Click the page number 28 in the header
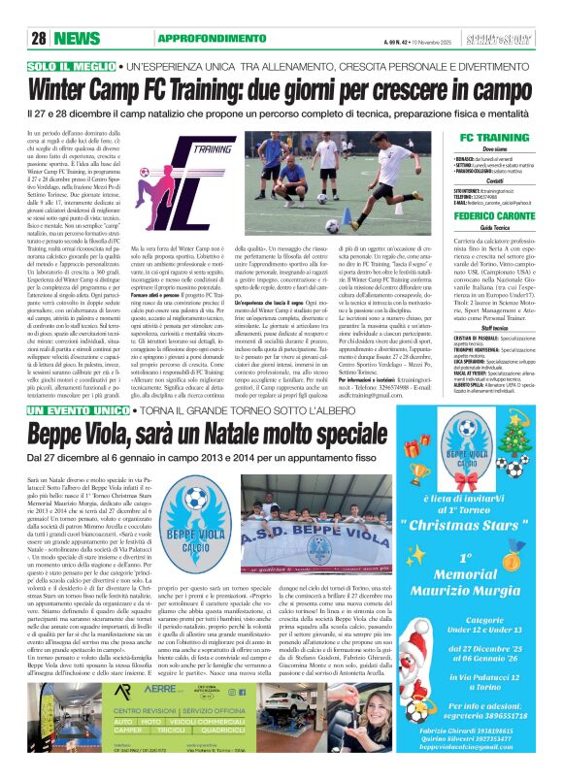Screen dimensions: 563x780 pos(41,37)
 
